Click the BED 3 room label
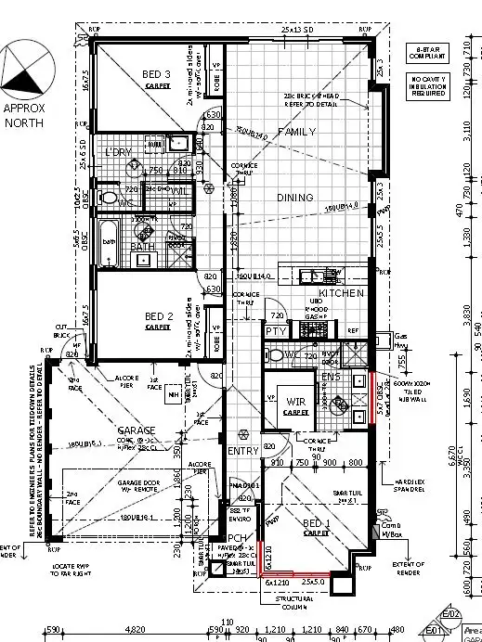(x=156, y=74)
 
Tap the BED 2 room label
(x=156, y=316)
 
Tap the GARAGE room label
(x=135, y=430)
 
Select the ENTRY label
(x=244, y=450)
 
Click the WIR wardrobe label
(x=295, y=402)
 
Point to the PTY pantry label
(x=275, y=330)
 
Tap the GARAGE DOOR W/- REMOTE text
(x=140, y=487)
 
